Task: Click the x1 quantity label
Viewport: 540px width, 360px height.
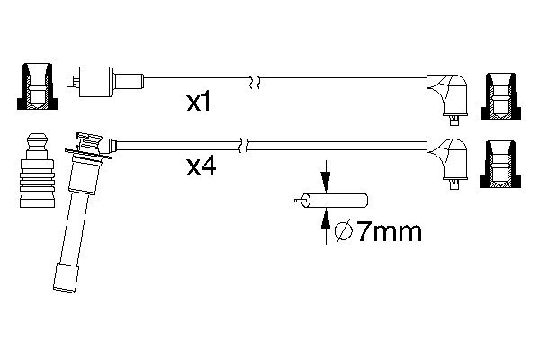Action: [x=198, y=103]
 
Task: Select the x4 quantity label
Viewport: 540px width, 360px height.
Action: [x=201, y=166]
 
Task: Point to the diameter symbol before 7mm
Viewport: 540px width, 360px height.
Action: [x=342, y=233]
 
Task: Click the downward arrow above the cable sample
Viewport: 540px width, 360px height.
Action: [x=326, y=176]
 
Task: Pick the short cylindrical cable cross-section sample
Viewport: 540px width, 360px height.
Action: [x=334, y=202]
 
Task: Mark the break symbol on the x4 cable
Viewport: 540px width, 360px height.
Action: [x=243, y=142]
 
